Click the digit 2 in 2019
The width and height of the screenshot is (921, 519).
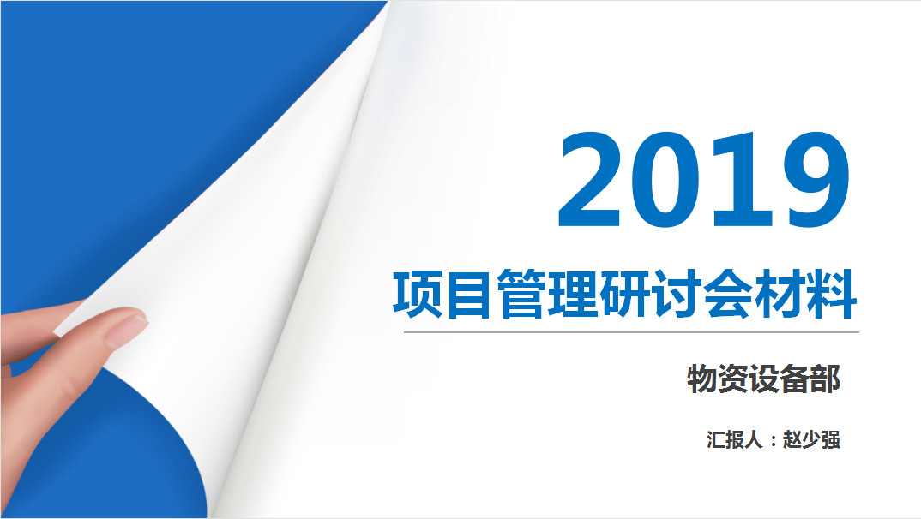589,179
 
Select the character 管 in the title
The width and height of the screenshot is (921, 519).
521,295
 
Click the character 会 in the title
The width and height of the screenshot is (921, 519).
728,295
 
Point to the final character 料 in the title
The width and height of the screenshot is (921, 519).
832,295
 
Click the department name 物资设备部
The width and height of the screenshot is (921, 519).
763,379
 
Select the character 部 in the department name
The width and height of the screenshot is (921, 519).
825,379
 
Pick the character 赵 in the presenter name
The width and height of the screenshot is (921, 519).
792,439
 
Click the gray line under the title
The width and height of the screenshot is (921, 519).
631,332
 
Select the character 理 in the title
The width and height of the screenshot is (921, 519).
571,295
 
